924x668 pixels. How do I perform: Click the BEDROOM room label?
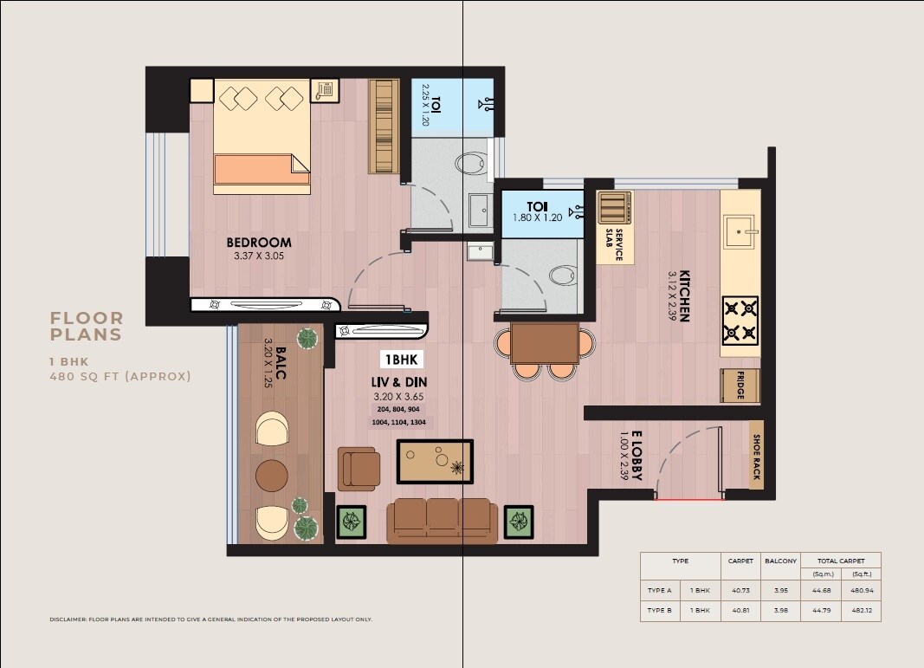[259, 243]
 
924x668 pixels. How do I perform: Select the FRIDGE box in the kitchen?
[740, 386]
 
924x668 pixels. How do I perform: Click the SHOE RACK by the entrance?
[756, 457]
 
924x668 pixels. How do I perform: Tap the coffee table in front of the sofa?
[435, 461]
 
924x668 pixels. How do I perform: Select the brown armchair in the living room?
[357, 468]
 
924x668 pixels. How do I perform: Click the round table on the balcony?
[271, 475]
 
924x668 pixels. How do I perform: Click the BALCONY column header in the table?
[780, 561]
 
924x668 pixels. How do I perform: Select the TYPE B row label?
[660, 611]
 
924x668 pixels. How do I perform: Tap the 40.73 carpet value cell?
[740, 589]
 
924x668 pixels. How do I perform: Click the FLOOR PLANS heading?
[87, 327]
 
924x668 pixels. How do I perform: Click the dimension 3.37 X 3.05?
[259, 256]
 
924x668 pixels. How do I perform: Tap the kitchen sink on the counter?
[741, 229]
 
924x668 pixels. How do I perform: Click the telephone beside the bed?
[326, 89]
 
